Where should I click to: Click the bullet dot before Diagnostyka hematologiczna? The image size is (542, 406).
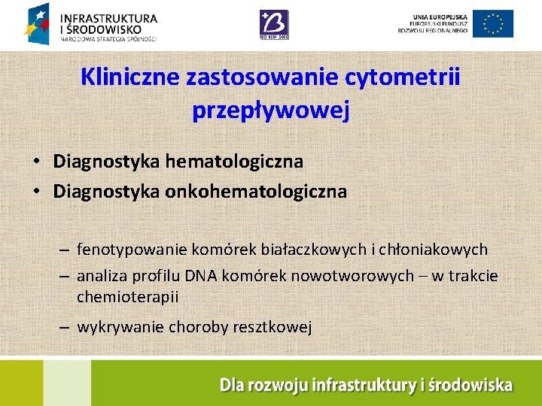click(36, 162)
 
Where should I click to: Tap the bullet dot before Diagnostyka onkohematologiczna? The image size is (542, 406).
click(36, 192)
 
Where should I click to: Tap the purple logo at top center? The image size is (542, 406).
click(273, 23)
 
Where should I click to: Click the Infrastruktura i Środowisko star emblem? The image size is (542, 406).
click(39, 23)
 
